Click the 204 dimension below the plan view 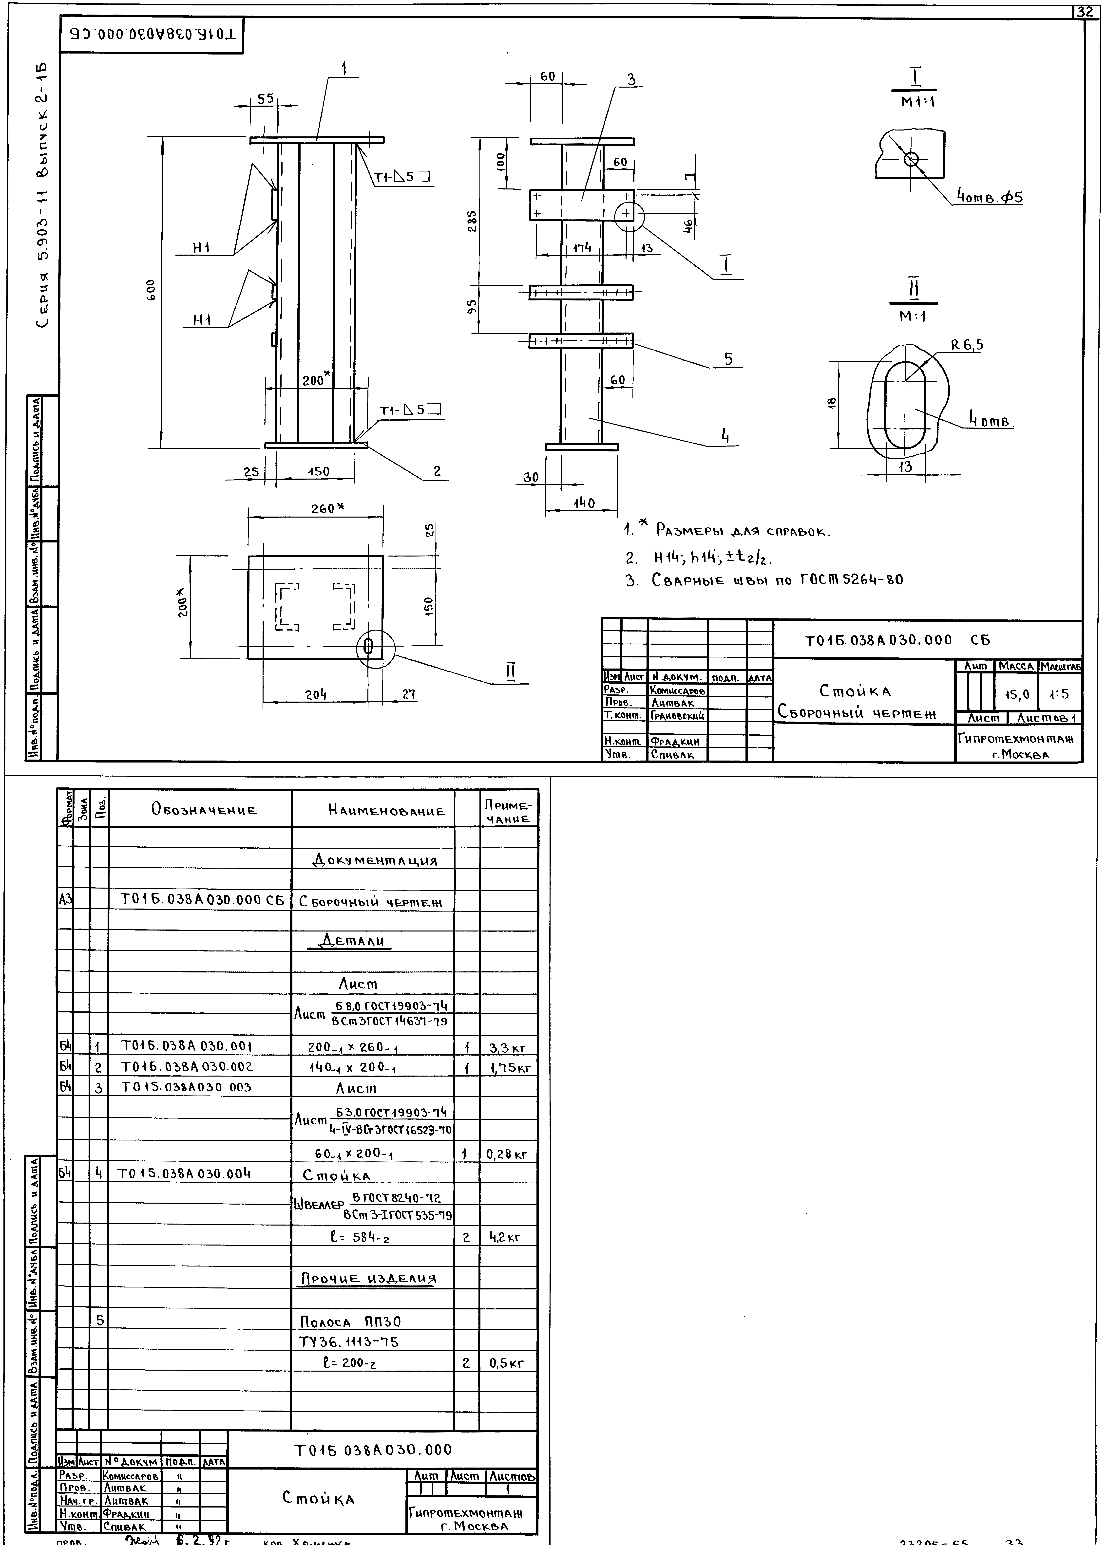point(315,695)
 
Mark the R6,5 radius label point(967,345)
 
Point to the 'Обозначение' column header point(204,810)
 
